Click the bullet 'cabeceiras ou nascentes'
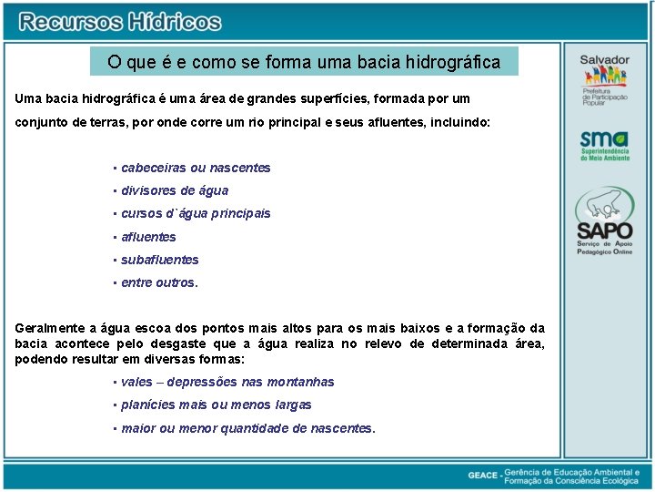(x=196, y=168)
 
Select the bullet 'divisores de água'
(x=175, y=190)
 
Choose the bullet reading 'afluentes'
(x=148, y=237)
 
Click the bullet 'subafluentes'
(x=159, y=260)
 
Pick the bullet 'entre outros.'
(x=159, y=282)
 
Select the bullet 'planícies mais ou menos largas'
(x=217, y=405)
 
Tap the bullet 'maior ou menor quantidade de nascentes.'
(x=247, y=427)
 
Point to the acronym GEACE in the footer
(x=482, y=475)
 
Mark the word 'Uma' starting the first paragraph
(x=28, y=97)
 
